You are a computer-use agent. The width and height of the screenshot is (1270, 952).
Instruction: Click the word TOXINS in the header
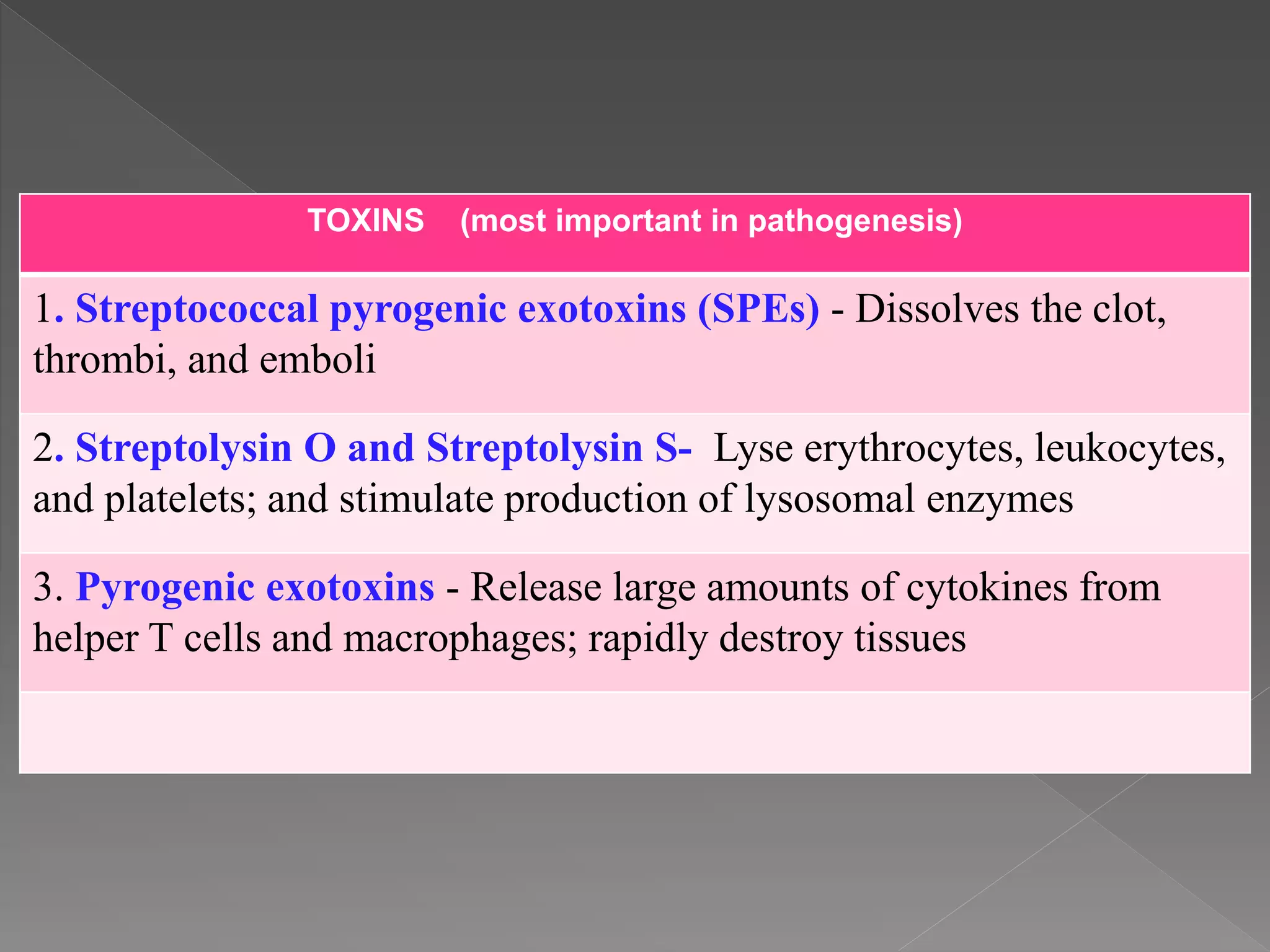[366, 221]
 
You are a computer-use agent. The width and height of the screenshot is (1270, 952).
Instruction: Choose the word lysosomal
[829, 500]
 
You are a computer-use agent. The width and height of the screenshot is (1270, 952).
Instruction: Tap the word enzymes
[1000, 500]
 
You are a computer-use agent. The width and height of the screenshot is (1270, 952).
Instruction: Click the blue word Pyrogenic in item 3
[164, 588]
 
